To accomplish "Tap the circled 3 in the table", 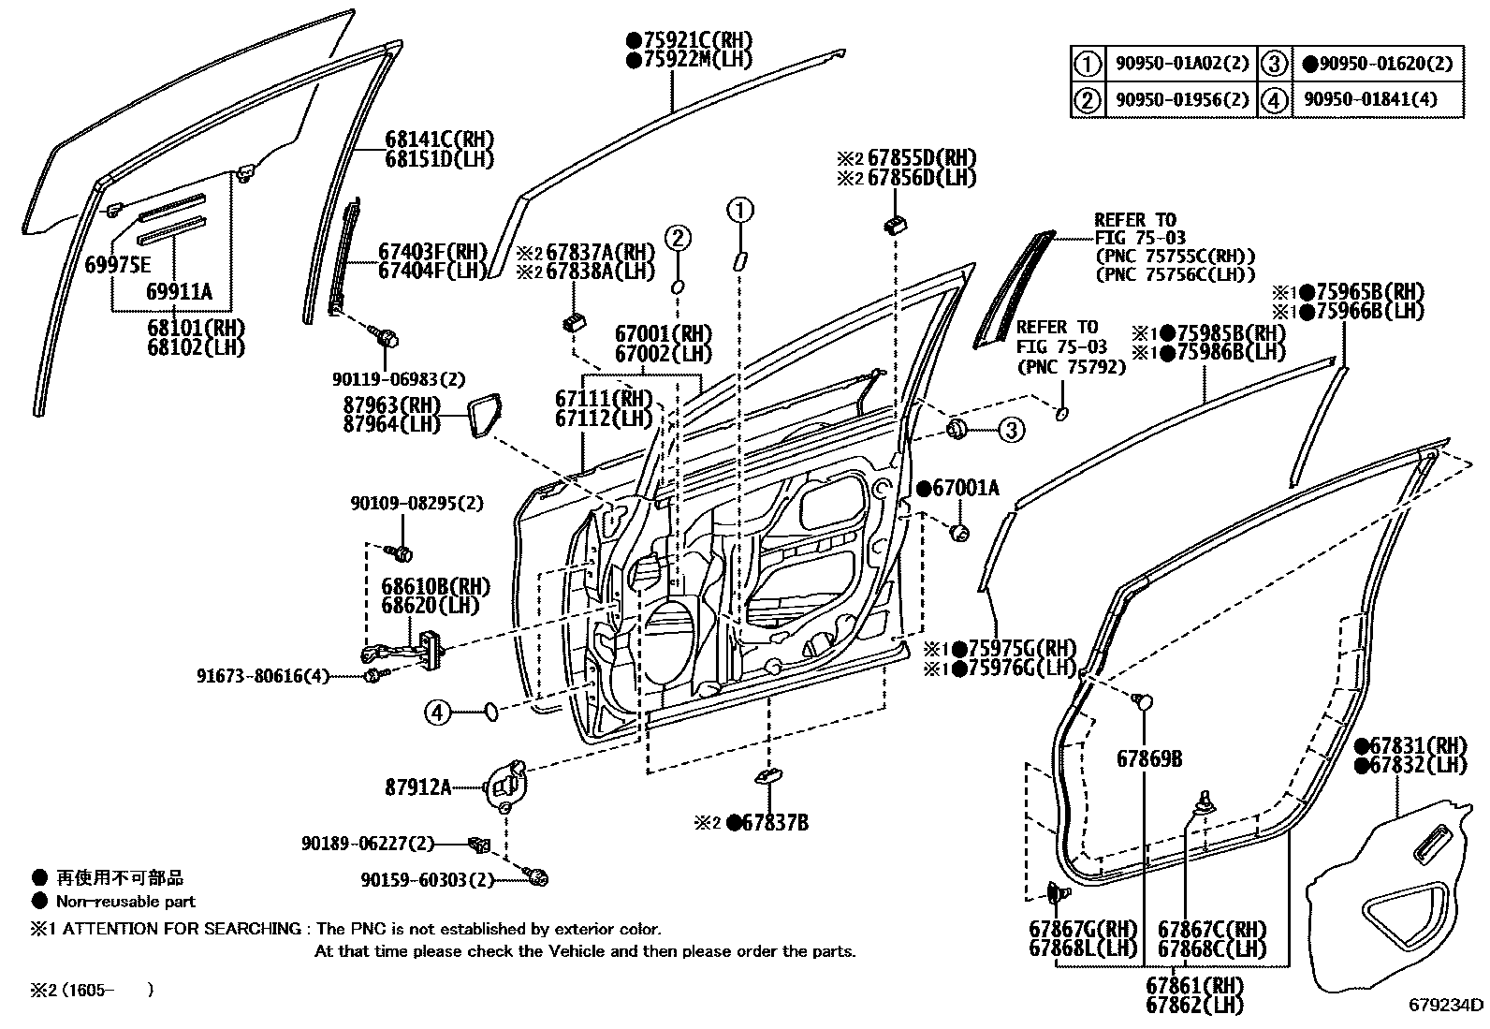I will click(x=1274, y=64).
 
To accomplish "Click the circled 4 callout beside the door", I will click(x=437, y=713).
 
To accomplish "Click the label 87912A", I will click(x=417, y=787).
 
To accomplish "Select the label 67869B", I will click(x=1148, y=758).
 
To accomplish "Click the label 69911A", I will click(x=179, y=292).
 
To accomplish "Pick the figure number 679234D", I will click(x=1446, y=1006).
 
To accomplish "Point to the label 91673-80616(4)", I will click(x=263, y=675).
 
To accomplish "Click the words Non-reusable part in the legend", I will click(x=125, y=902).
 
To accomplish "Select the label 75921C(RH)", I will click(x=690, y=40).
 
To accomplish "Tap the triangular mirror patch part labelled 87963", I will click(x=484, y=416).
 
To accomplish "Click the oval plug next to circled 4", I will click(x=489, y=713).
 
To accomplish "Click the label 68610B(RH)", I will click(x=435, y=586).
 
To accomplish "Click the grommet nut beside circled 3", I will click(x=957, y=430).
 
